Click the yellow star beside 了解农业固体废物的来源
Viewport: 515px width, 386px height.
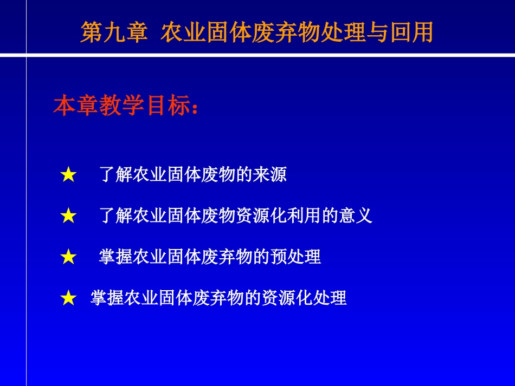click(x=68, y=174)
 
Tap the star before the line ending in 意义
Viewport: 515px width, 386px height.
click(x=68, y=216)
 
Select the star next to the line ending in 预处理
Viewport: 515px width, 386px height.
click(x=68, y=257)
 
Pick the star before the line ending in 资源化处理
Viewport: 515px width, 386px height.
click(x=68, y=298)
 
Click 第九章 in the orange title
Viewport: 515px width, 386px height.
click(x=114, y=32)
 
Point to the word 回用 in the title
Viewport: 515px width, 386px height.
click(x=411, y=32)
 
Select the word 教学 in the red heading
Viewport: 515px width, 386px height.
click(x=122, y=106)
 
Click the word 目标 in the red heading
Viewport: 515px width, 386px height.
click(x=168, y=106)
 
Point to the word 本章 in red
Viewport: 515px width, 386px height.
click(x=76, y=106)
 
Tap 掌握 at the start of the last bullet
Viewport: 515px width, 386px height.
click(x=107, y=298)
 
